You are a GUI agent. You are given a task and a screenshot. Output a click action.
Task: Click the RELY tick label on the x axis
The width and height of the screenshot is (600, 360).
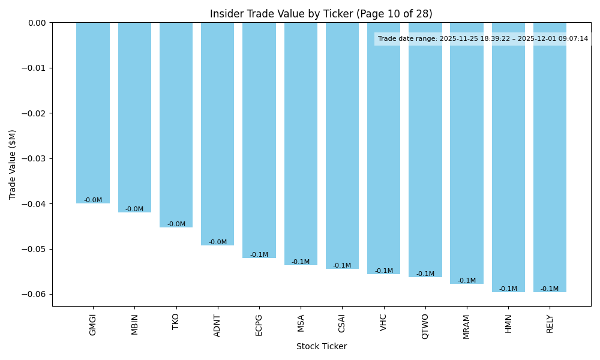click(550, 324)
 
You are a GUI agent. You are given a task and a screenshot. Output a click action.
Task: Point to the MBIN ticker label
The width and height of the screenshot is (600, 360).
click(134, 325)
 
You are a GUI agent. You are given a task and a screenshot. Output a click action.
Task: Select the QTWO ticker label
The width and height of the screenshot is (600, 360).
click(425, 326)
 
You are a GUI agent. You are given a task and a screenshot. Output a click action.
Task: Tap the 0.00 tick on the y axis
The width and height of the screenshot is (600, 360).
click(37, 23)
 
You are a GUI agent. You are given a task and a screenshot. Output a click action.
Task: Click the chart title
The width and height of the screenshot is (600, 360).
click(321, 14)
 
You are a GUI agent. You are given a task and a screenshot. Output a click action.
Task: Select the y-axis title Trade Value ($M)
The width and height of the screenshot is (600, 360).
click(13, 164)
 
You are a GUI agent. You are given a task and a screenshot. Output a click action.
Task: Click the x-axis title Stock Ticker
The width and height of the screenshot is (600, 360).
click(322, 346)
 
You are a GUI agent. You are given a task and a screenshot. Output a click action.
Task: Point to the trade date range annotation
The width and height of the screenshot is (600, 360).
click(483, 39)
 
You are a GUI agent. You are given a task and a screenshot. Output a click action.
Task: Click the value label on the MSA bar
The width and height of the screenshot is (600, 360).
click(301, 262)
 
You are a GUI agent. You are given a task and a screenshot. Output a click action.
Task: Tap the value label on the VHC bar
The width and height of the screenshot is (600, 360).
click(384, 271)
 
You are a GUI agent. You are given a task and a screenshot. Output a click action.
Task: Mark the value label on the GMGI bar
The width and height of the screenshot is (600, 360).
click(93, 200)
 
